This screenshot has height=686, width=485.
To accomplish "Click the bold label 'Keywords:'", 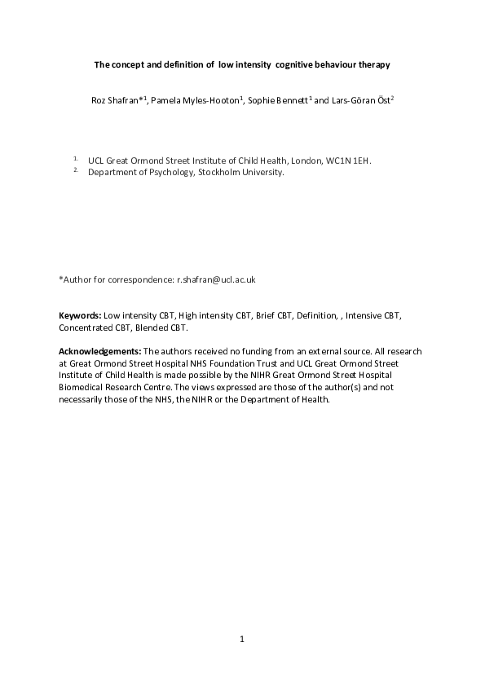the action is pyautogui.click(x=80, y=315).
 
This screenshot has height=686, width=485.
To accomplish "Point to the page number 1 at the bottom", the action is pyautogui.click(x=242, y=640).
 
